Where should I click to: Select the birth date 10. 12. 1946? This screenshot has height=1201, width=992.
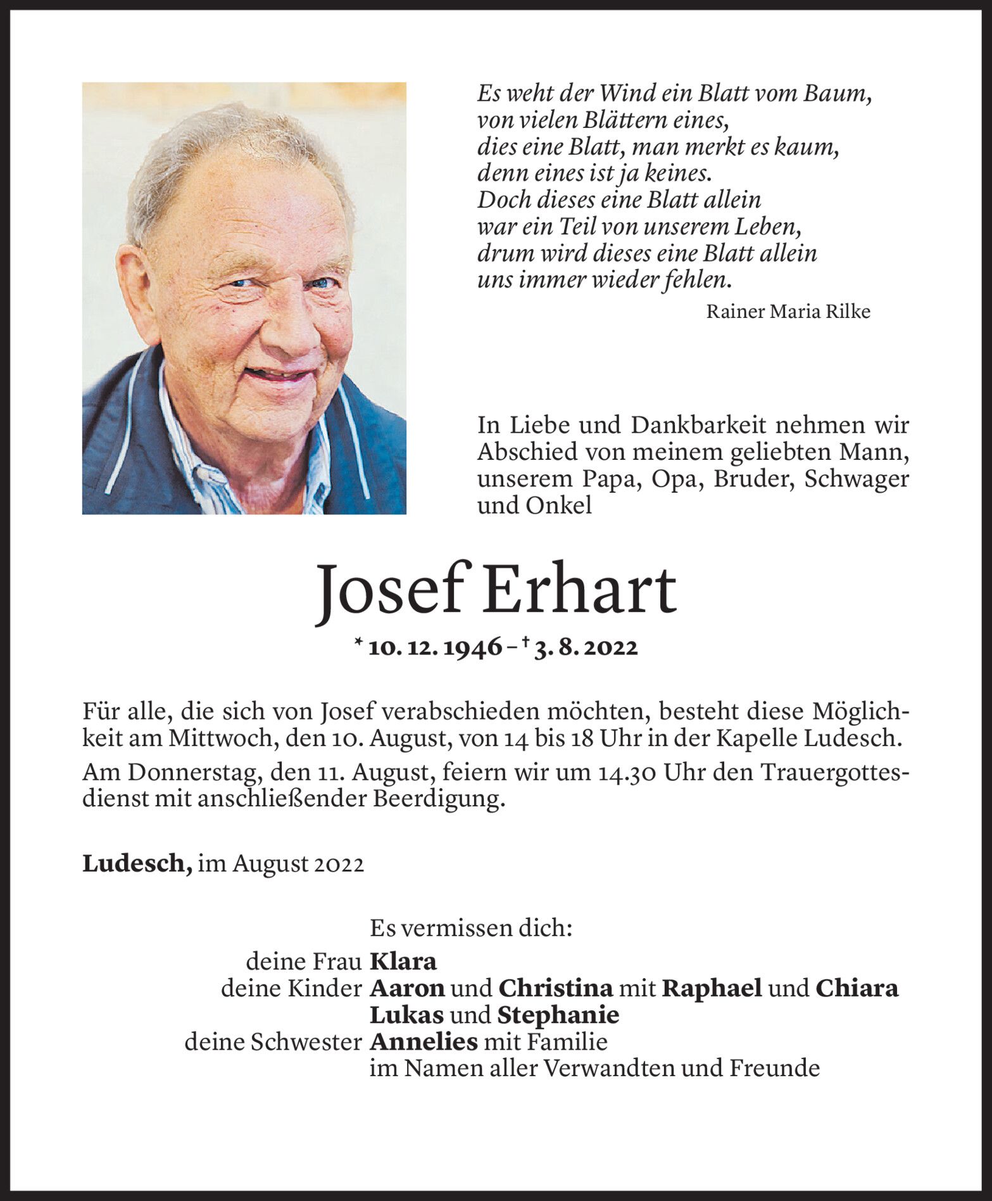tap(435, 647)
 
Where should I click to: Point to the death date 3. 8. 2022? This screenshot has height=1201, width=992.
tap(586, 647)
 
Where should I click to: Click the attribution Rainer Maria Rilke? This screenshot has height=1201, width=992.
tap(788, 312)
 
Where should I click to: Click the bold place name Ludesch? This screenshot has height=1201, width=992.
tap(137, 864)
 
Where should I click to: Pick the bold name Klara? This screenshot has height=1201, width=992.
tap(403, 962)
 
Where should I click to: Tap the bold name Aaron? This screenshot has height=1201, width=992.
tap(407, 988)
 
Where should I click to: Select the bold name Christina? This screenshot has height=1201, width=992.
tap(555, 988)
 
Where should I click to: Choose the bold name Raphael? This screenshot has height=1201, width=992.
tap(712, 988)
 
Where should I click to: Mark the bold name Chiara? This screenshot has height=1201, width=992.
tap(857, 988)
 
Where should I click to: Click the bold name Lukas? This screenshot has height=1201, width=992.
tap(406, 1015)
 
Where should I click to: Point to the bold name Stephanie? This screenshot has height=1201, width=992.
tap(558, 1015)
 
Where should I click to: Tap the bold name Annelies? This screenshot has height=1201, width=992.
tap(423, 1041)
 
